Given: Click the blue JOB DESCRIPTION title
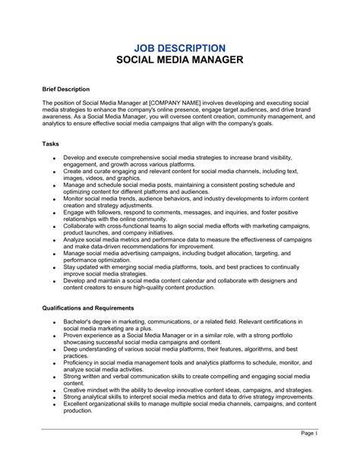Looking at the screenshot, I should (x=179, y=48).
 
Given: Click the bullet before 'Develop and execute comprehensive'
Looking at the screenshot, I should (x=54, y=157).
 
